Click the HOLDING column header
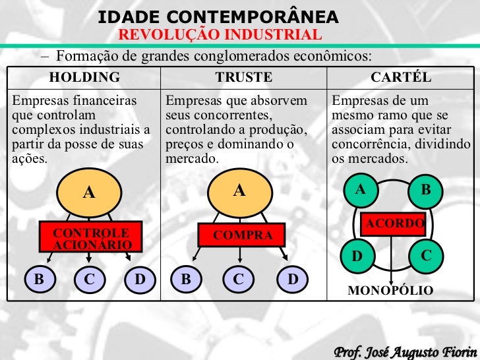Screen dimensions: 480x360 (84, 77)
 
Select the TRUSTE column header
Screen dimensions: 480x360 (243, 77)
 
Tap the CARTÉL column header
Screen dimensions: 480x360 (401, 77)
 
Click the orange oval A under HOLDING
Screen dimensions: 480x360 (88, 192)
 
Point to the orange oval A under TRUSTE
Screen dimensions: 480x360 (239, 191)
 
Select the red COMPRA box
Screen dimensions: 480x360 (243, 235)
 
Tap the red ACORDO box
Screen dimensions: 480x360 (395, 224)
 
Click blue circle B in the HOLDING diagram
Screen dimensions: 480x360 (39, 280)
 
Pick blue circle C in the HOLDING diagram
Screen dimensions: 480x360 (89, 280)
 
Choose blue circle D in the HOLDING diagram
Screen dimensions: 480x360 (139, 280)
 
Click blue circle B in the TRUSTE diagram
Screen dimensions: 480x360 (186, 280)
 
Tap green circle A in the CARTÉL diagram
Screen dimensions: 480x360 (360, 190)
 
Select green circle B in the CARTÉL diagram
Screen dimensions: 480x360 (425, 190)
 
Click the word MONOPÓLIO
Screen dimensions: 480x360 (390, 291)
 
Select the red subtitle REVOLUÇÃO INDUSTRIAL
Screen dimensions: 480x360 (220, 34)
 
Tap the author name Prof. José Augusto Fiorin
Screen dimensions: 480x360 (405, 348)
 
